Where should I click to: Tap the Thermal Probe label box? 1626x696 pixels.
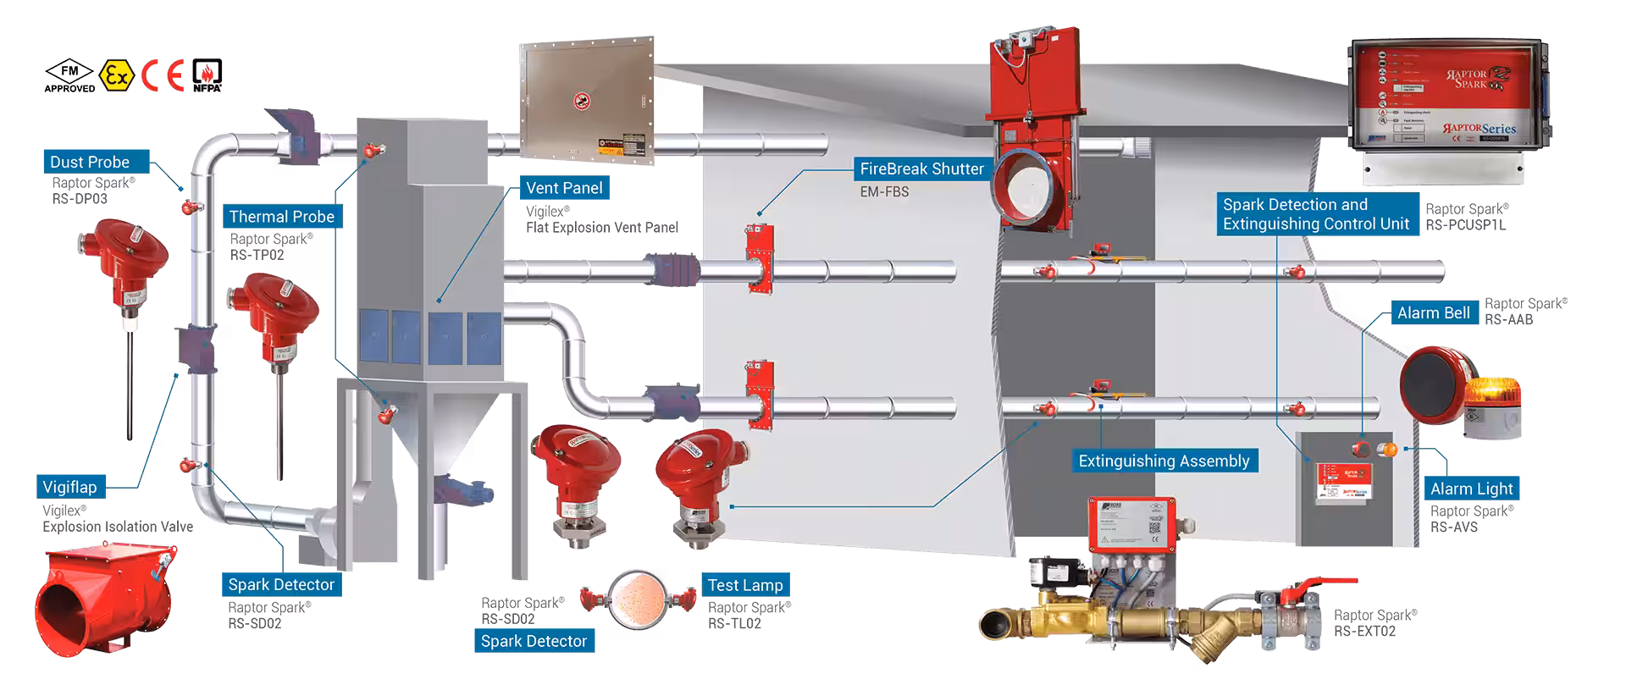pyautogui.click(x=281, y=217)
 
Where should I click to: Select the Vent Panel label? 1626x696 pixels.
pyautogui.click(x=564, y=188)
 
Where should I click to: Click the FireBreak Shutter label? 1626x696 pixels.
pyautogui.click(x=921, y=168)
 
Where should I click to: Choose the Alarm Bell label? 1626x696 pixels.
pyautogui.click(x=1433, y=312)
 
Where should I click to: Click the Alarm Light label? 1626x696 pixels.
pyautogui.click(x=1471, y=489)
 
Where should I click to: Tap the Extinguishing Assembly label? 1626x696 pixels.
pyautogui.click(x=1164, y=461)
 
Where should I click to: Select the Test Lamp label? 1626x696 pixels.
pyautogui.click(x=745, y=585)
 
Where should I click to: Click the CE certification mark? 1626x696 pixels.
pyautogui.click(x=163, y=76)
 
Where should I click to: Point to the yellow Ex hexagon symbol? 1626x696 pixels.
pyautogui.click(x=117, y=76)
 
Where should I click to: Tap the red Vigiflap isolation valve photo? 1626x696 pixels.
pyautogui.click(x=106, y=596)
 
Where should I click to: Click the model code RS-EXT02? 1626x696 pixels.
pyautogui.click(x=1364, y=631)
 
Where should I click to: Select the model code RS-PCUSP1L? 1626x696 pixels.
pyautogui.click(x=1465, y=225)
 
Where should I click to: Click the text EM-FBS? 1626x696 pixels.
pyautogui.click(x=884, y=192)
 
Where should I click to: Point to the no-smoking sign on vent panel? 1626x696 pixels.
pyautogui.click(x=582, y=102)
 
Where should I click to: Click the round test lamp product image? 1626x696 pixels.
pyautogui.click(x=639, y=599)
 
